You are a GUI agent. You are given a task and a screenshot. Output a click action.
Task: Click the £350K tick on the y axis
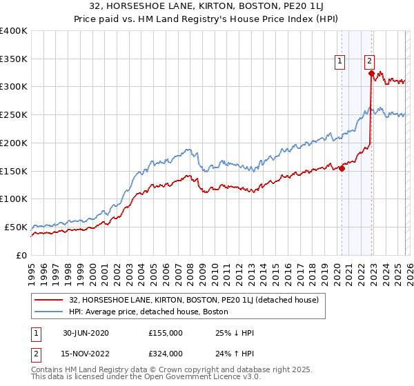[x=14, y=59]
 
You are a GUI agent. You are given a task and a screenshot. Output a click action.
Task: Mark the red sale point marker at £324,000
[x=371, y=73]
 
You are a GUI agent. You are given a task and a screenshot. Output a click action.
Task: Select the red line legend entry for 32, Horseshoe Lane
[x=193, y=300]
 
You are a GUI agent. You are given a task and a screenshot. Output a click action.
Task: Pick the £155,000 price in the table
[x=165, y=333]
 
